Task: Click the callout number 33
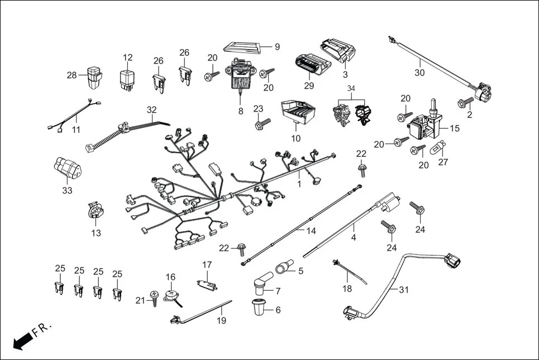pyautogui.click(x=68, y=190)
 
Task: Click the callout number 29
pyautogui.click(x=309, y=85)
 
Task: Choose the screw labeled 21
pyautogui.click(x=155, y=301)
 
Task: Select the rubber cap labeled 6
pyautogui.click(x=258, y=308)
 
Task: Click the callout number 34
pyautogui.click(x=351, y=88)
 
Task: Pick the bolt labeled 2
pyautogui.click(x=463, y=102)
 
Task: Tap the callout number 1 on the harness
pyautogui.click(x=299, y=183)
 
